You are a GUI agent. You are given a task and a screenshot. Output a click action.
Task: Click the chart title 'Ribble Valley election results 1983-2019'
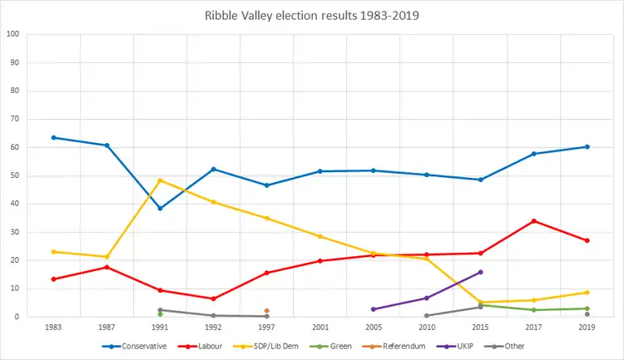(312, 15)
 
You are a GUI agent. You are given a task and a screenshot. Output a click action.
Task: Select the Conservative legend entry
(135, 346)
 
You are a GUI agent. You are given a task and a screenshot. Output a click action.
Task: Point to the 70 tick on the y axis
(13, 119)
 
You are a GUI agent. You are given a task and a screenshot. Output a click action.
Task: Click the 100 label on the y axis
(12, 34)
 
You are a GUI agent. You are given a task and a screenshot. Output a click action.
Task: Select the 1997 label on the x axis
(266, 328)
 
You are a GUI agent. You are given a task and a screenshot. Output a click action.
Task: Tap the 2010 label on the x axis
(427, 328)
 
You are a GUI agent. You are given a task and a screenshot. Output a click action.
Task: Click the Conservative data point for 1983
(53, 137)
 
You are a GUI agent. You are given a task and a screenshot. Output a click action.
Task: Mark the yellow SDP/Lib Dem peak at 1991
(160, 180)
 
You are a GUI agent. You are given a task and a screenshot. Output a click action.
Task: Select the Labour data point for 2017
(533, 220)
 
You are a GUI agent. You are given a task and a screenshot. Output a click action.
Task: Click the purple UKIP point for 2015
(480, 272)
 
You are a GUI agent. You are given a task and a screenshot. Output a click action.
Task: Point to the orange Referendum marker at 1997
(266, 311)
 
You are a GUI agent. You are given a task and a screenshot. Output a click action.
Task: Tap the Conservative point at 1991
(160, 208)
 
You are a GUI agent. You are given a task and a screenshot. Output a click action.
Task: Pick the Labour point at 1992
(213, 298)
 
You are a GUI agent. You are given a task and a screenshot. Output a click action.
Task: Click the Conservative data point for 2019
(587, 146)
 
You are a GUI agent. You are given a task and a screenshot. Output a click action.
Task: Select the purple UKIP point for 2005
(374, 309)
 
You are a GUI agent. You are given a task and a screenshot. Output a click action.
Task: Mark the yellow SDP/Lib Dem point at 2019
(587, 292)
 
